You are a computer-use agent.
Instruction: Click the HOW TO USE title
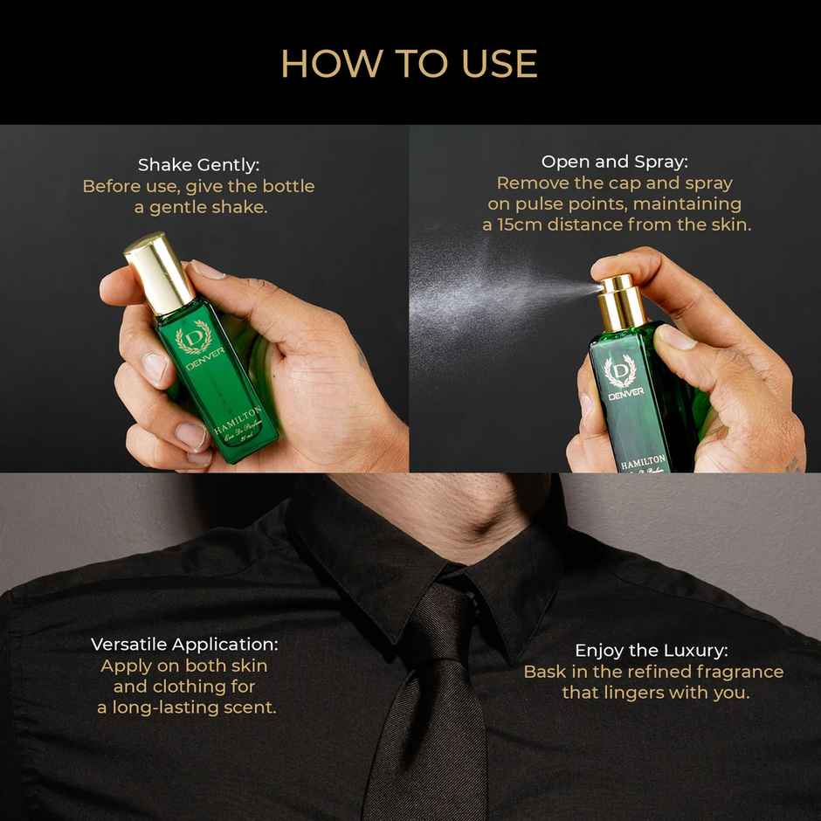409,64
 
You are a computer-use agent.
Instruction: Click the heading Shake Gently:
199,165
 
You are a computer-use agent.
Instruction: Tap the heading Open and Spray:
614,162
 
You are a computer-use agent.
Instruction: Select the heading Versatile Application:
185,645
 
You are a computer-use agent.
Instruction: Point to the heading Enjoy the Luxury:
651,651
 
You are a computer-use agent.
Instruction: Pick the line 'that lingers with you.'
656,693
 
